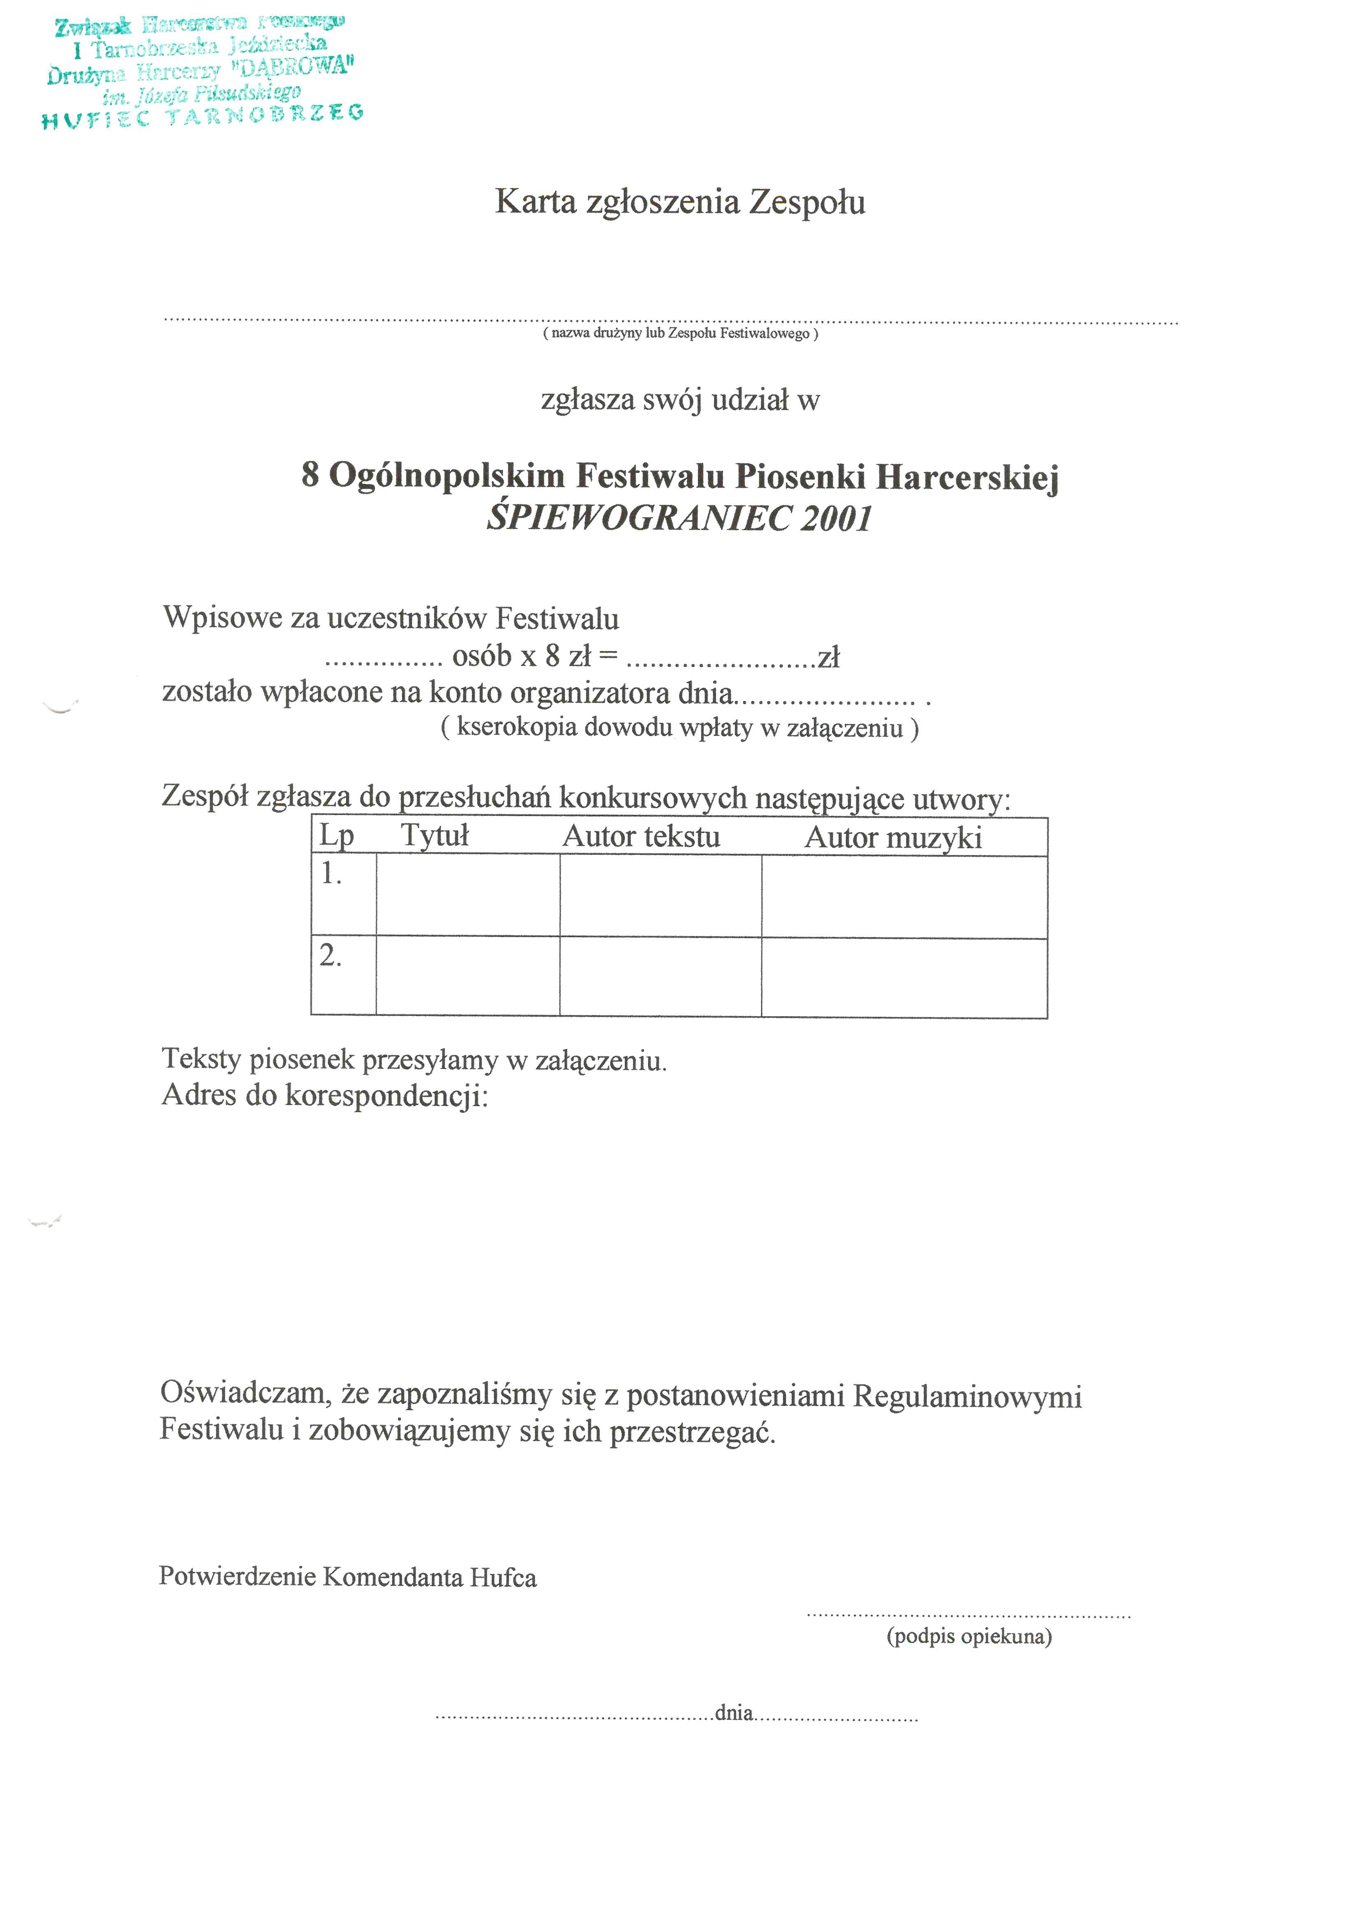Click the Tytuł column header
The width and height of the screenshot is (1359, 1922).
pyautogui.click(x=435, y=836)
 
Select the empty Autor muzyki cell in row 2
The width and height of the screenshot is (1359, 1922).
pyautogui.click(x=904, y=977)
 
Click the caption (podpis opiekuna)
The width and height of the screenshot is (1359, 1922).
pyautogui.click(x=969, y=1636)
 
